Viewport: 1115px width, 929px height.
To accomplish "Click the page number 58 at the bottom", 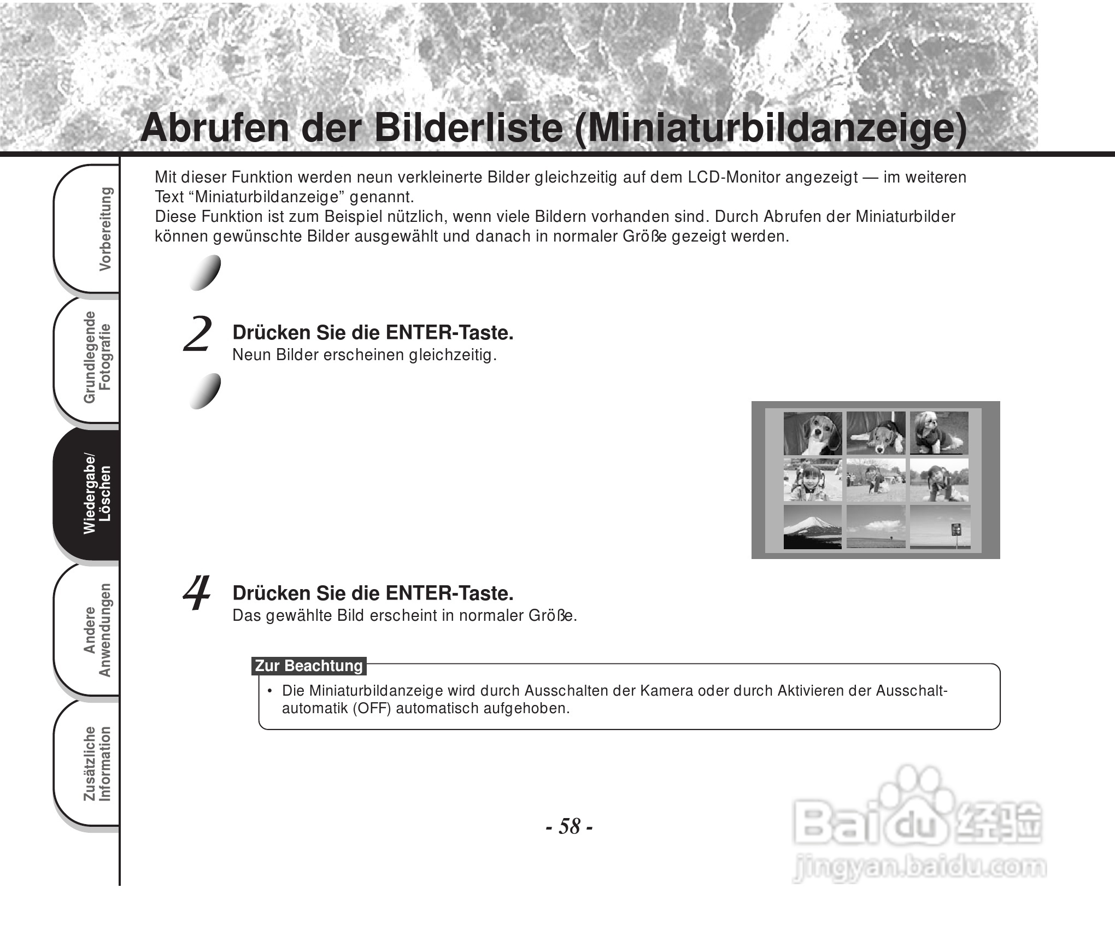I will click(x=570, y=826).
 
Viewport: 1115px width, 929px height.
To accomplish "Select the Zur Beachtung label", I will click(x=309, y=666).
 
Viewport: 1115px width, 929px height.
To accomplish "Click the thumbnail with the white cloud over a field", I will click(x=876, y=526).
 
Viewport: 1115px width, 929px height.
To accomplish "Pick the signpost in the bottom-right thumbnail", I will click(x=956, y=530).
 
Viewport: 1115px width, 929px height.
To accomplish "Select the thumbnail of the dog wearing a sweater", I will click(x=938, y=433).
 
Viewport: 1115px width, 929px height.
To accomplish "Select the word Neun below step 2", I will click(x=251, y=355).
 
